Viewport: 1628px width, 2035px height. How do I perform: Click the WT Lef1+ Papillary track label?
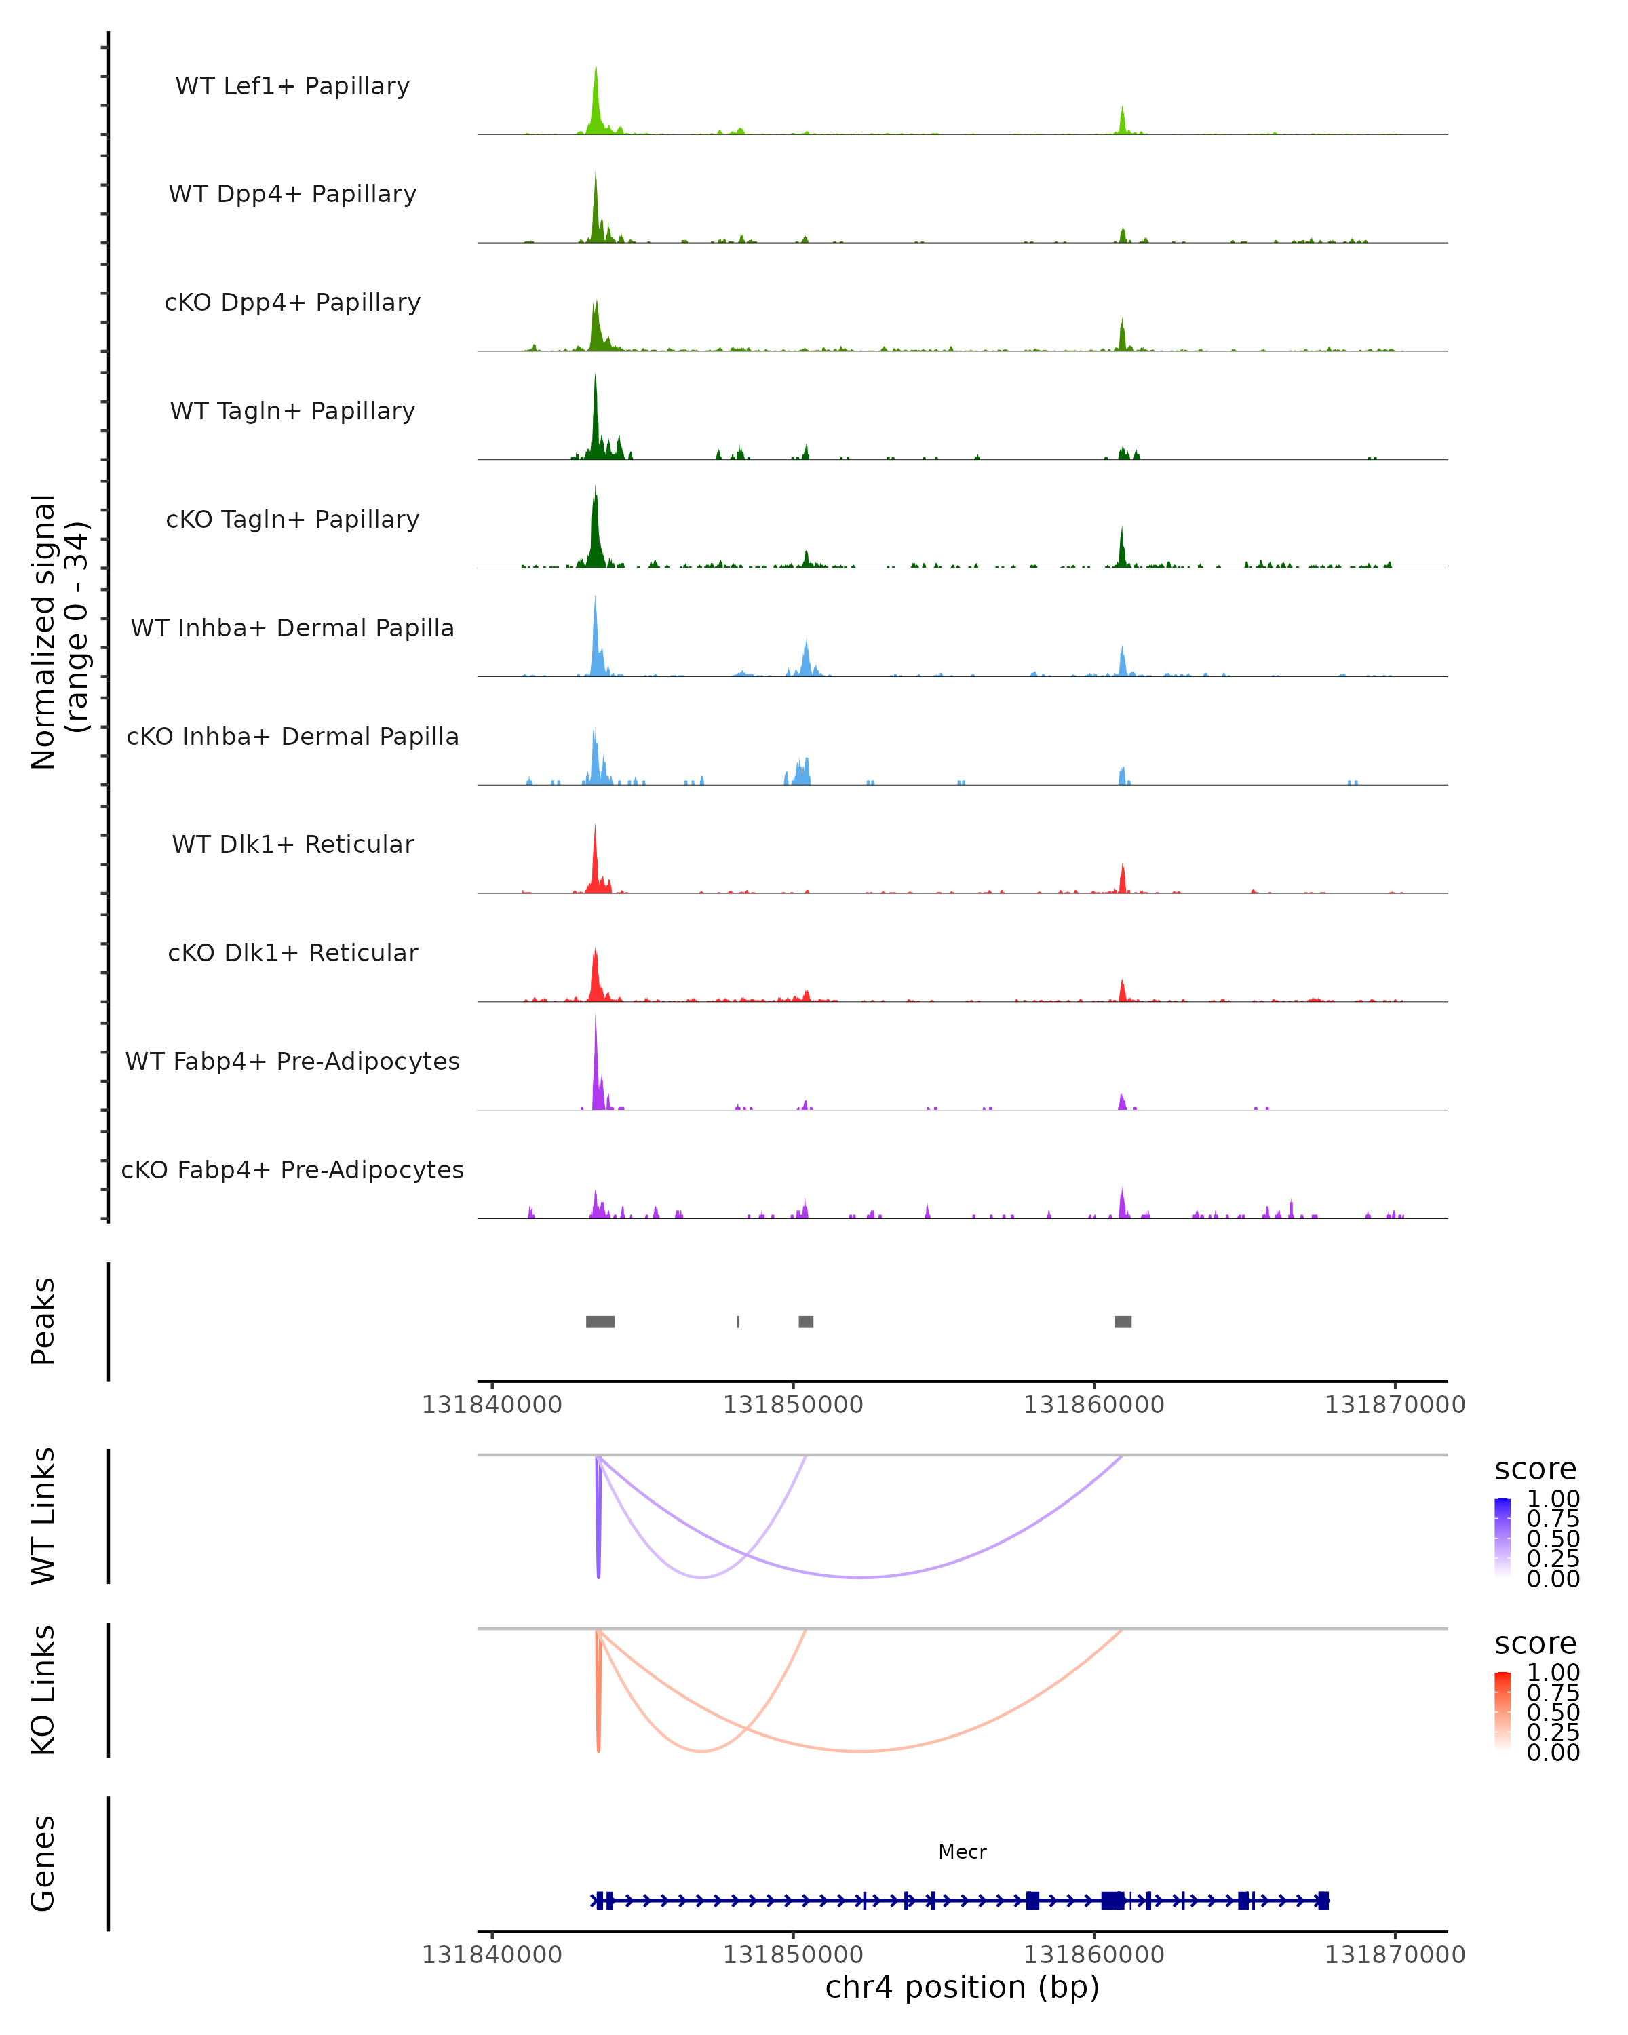(292, 86)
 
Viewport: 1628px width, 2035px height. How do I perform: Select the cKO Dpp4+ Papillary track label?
(292, 302)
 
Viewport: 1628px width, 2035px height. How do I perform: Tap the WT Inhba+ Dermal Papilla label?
(292, 627)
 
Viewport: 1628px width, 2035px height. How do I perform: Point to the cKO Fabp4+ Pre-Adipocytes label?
(292, 1169)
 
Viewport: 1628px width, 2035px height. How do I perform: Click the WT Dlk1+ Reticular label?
(292, 844)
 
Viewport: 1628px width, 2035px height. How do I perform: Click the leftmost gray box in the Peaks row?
(600, 1321)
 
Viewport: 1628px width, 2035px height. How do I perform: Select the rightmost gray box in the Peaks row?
(1122, 1321)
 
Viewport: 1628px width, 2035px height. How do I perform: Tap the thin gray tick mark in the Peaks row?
(738, 1321)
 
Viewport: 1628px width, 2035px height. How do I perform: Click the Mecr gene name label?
(962, 1852)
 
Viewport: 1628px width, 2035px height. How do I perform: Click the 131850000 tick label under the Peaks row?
(793, 1405)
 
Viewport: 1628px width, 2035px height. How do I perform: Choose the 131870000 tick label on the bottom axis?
(1394, 1954)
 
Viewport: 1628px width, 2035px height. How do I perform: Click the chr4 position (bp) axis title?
(962, 1987)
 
